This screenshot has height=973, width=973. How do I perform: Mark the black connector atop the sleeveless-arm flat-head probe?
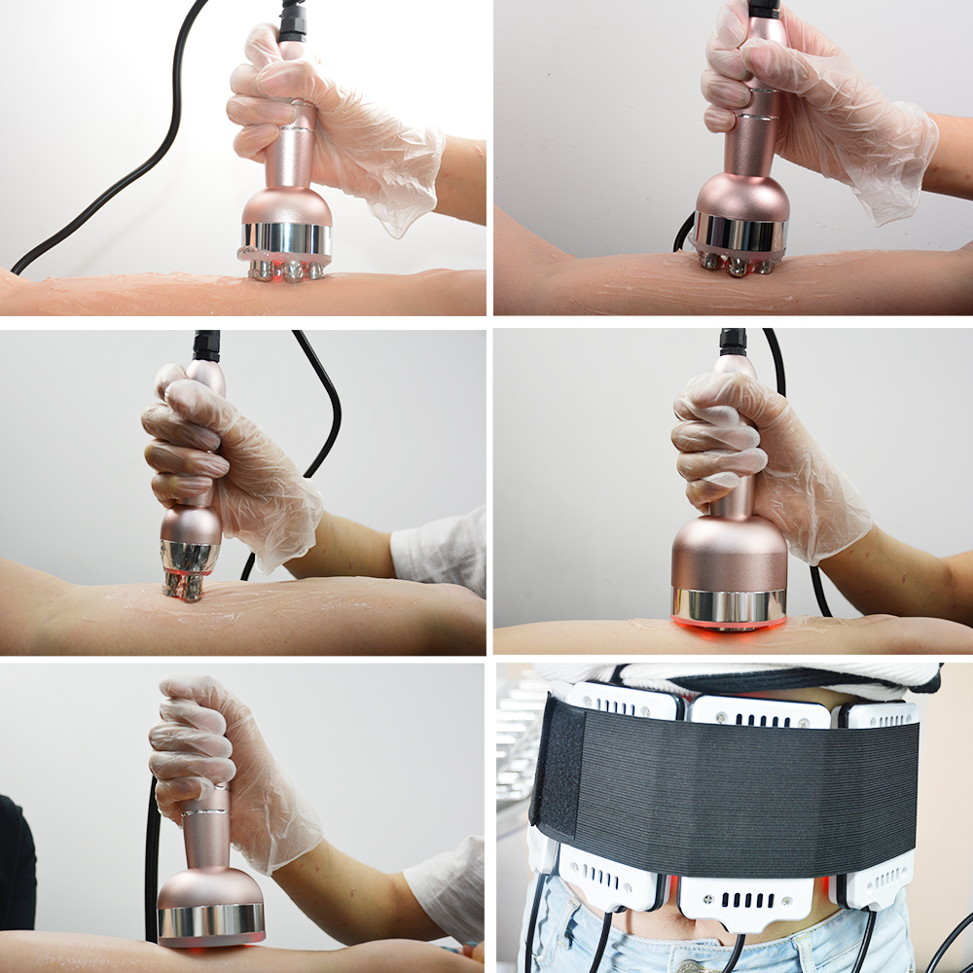coord(733,342)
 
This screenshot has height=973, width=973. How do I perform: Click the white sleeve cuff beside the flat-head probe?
coord(448,885)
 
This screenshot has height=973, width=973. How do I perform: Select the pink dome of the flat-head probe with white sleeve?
coord(210,885)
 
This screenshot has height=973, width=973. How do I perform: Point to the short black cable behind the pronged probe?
coord(683,234)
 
